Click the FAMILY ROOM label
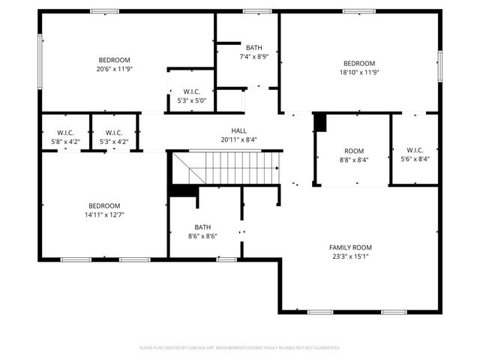(x=350, y=247)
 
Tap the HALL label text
(x=238, y=130)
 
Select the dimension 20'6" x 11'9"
(x=114, y=69)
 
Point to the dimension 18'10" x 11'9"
(x=358, y=72)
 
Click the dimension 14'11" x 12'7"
(x=104, y=214)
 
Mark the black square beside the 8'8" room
(x=320, y=122)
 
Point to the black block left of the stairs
(x=181, y=190)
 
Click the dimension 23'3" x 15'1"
(x=350, y=256)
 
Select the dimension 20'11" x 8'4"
(x=238, y=139)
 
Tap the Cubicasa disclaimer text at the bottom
(x=240, y=348)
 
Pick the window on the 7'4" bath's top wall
(x=257, y=11)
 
